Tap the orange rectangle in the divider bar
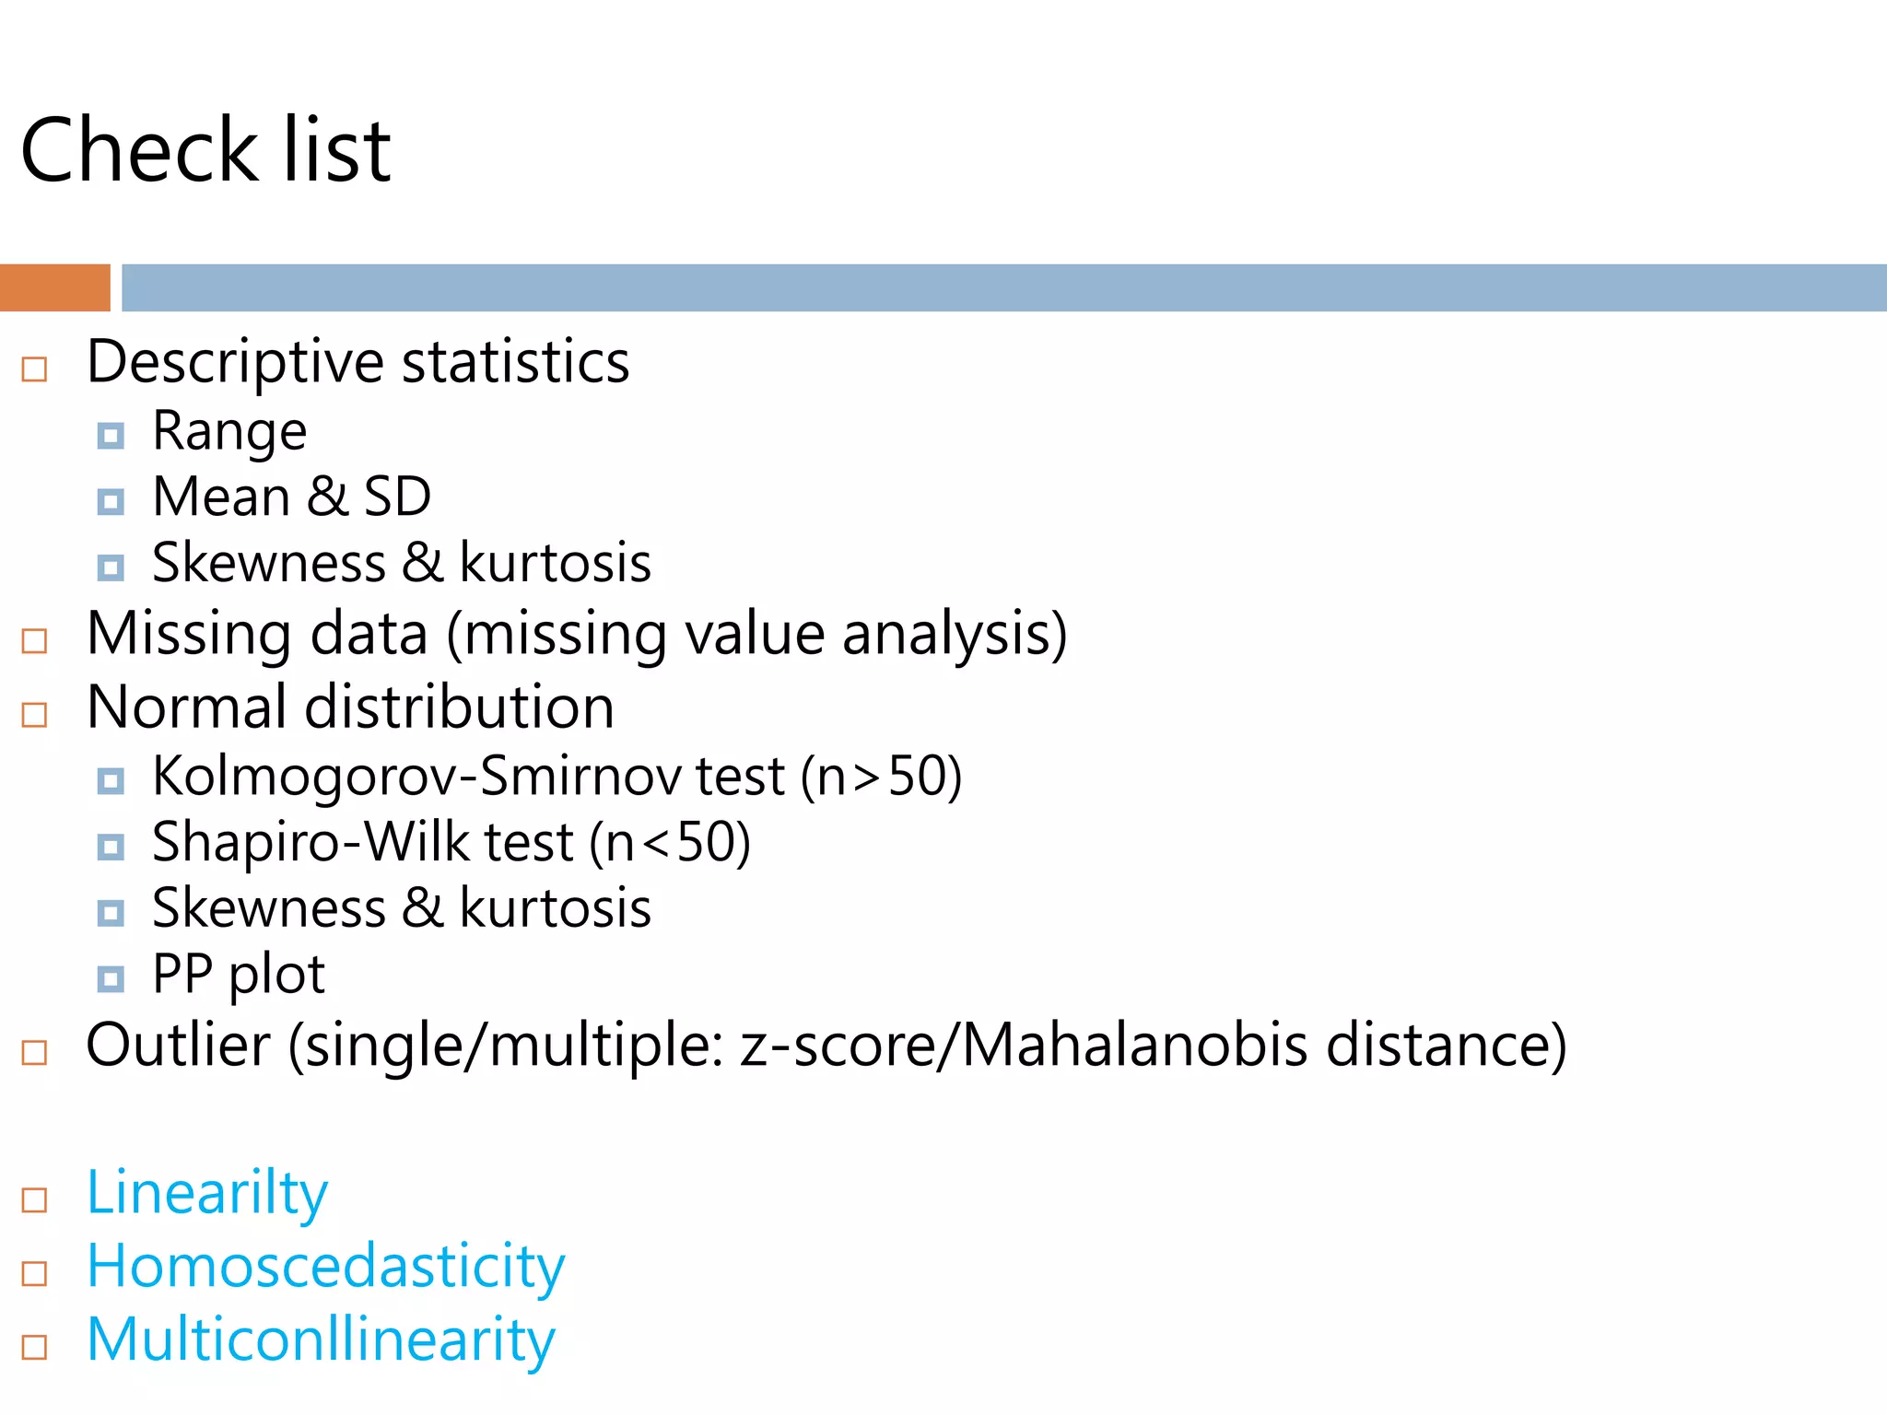pos(54,287)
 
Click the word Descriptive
pos(234,362)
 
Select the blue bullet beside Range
pos(111,435)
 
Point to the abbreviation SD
pos(397,497)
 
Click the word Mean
pos(221,497)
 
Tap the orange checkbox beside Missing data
pos(34,640)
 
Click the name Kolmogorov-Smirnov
pos(416,776)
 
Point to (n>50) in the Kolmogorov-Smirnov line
pos(881,776)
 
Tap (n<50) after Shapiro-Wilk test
pos(670,842)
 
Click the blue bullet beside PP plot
pos(111,978)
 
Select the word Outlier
pos(178,1045)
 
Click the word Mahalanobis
pos(1133,1045)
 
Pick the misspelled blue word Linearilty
pos(206,1193)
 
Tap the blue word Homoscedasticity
pos(325,1267)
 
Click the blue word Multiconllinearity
pos(321,1339)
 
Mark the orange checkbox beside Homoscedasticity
pos(34,1273)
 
